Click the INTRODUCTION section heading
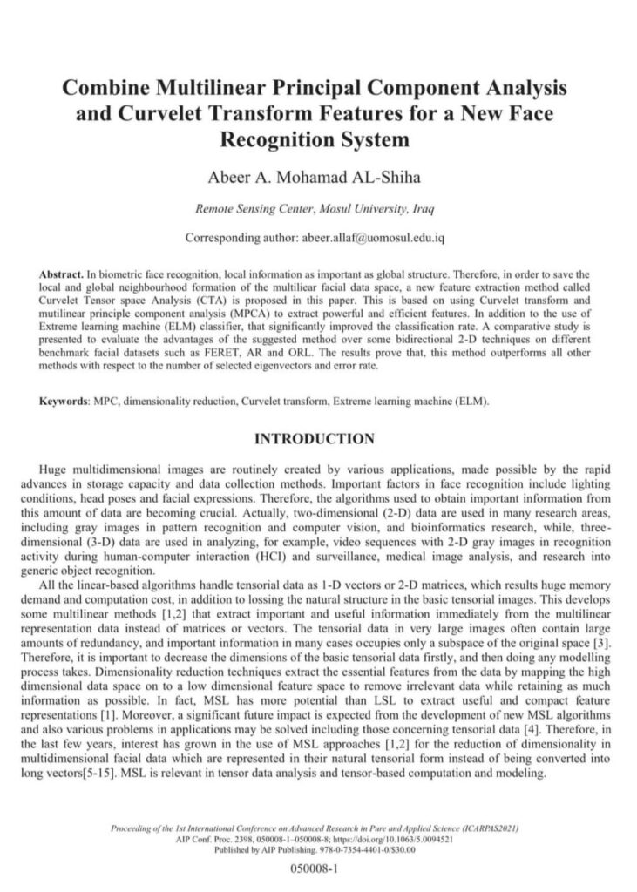click(x=314, y=438)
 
